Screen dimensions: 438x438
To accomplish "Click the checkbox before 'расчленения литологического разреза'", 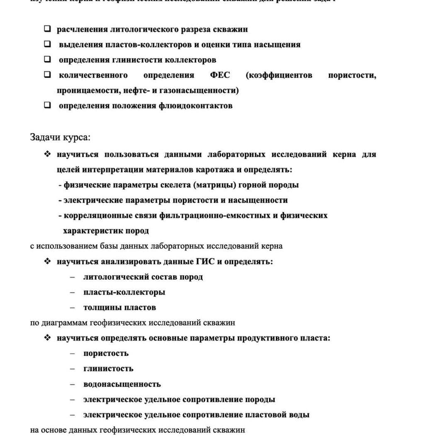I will pos(48,29).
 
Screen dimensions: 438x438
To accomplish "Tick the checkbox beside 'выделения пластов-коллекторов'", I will pos(48,44).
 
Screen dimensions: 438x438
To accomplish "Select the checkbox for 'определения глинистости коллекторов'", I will pos(48,59).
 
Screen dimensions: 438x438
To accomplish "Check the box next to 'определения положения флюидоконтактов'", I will pos(48,105).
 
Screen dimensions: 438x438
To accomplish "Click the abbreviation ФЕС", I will pos(220,75).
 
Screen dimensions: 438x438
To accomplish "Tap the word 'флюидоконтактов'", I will pos(195,105).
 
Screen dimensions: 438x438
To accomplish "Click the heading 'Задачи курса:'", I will pos(60,137).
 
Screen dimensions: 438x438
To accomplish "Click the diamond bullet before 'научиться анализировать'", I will pos(48,261).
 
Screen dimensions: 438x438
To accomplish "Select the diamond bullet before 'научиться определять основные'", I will pos(48,338).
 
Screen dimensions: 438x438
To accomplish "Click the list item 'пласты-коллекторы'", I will pos(124,292).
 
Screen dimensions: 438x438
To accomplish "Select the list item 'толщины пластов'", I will pos(119,307).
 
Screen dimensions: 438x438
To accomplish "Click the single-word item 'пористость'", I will pos(106,353).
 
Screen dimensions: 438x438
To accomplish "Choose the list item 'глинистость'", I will pos(108,368).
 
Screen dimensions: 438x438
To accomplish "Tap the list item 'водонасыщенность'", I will pos(122,384).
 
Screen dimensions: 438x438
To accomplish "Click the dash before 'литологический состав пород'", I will pos(73,277).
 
